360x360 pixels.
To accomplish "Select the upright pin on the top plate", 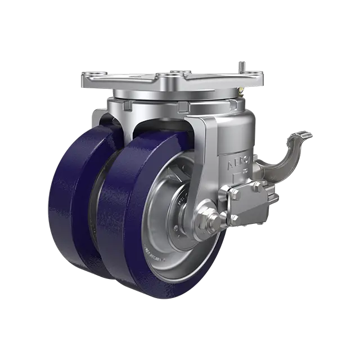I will pyautogui.click(x=242, y=65).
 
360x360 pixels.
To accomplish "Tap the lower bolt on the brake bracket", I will pyautogui.click(x=234, y=217).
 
